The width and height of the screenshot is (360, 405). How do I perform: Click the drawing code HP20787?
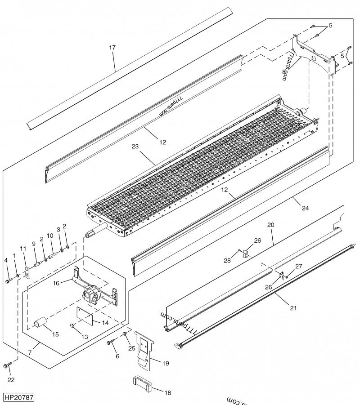(x=18, y=398)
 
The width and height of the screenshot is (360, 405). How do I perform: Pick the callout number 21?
(x=293, y=308)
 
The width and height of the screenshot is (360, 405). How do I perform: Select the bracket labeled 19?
(x=145, y=346)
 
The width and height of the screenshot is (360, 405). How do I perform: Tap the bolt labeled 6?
(x=110, y=343)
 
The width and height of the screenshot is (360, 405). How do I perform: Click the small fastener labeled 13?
(x=72, y=325)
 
